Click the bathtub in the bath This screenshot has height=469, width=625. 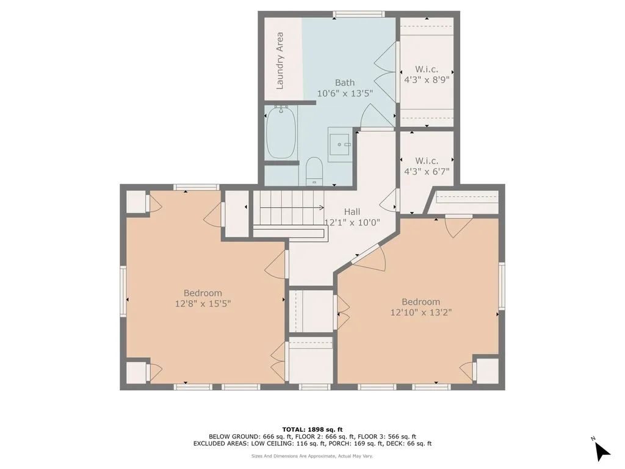[281, 133]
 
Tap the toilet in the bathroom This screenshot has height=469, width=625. [314, 171]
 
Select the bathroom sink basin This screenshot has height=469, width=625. [339, 144]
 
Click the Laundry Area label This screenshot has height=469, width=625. [280, 60]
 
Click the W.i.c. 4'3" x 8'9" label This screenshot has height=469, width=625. [427, 75]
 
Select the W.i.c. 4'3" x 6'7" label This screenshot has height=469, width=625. [427, 166]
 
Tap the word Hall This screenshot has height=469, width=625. [352, 212]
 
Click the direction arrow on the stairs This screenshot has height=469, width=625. [292, 208]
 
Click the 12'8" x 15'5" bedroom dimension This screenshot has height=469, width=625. [203, 304]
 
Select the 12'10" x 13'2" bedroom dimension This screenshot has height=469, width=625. [421, 312]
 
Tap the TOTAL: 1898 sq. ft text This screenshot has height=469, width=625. [312, 429]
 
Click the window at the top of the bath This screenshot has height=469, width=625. [359, 15]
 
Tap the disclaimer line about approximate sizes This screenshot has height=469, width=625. [312, 456]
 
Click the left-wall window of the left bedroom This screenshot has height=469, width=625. [123, 291]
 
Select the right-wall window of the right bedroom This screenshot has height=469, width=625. [502, 286]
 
